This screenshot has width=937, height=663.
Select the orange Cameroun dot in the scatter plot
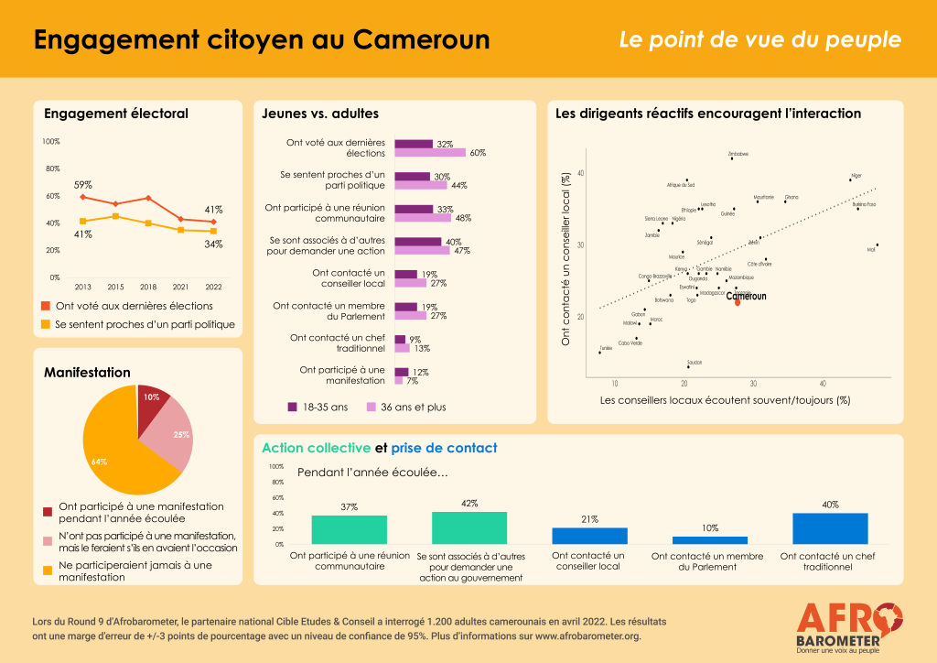click(737, 301)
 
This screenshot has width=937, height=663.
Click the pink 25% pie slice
click(175, 437)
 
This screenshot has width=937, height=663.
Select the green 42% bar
click(469, 527)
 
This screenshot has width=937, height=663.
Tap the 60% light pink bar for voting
click(430, 153)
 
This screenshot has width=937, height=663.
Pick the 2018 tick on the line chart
click(148, 287)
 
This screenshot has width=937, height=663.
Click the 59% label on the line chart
click(82, 185)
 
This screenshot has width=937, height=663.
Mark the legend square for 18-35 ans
click(293, 408)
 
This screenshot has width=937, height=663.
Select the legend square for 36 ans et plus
click(372, 408)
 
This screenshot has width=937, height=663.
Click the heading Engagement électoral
click(116, 114)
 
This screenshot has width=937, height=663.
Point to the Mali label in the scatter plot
click(871, 249)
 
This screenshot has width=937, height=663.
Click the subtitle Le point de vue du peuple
click(759, 40)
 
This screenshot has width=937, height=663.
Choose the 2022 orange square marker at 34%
click(213, 231)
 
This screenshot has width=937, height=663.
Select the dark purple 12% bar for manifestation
click(401, 372)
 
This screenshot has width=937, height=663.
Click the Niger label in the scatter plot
click(856, 174)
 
